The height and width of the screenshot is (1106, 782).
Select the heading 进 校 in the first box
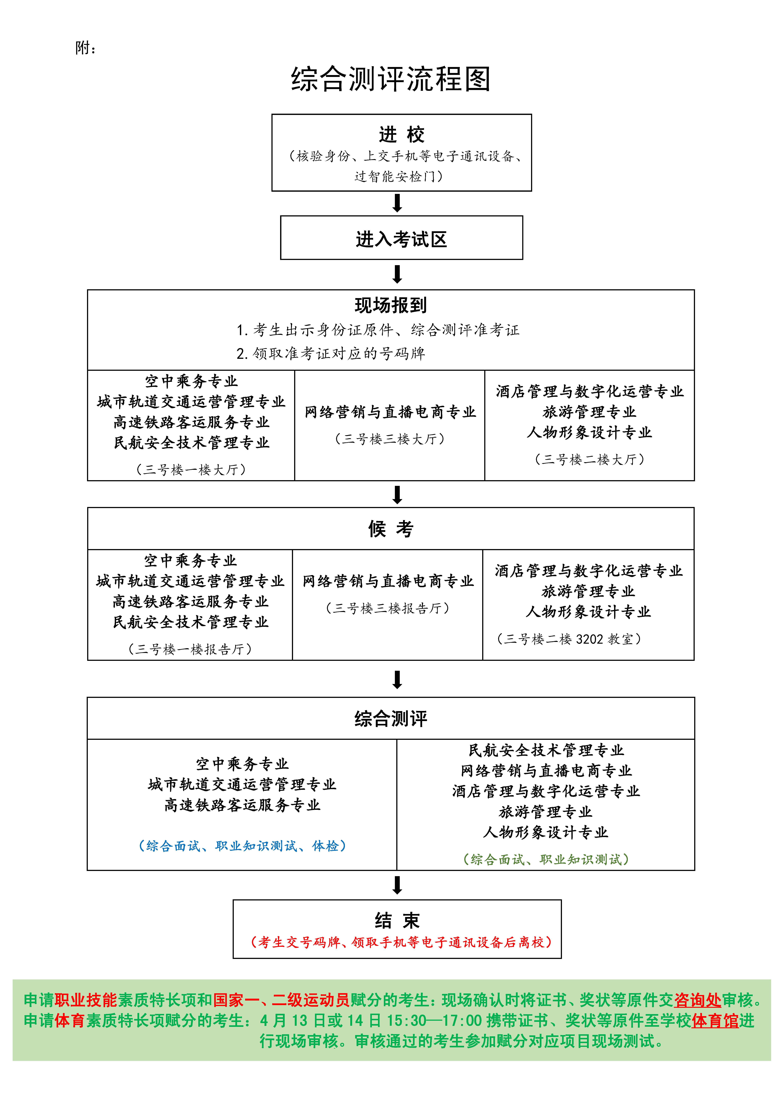pos(401,134)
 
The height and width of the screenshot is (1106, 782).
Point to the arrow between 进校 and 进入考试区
pos(398,203)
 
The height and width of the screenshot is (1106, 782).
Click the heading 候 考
pos(391,529)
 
